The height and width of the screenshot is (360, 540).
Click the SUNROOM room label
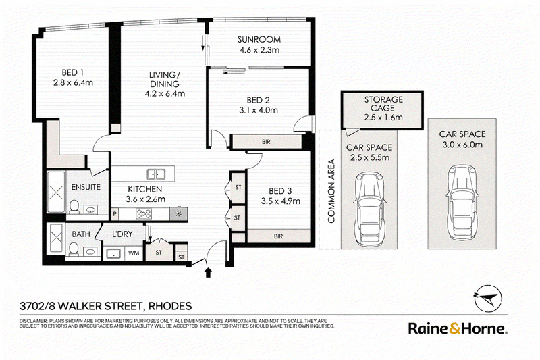click(259, 39)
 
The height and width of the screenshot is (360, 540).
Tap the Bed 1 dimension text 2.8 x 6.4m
click(73, 82)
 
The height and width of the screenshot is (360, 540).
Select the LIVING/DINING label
click(164, 79)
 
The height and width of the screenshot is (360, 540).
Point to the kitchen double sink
click(156, 174)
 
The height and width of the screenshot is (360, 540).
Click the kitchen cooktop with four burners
click(144, 214)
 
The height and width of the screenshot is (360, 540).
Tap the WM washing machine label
click(134, 253)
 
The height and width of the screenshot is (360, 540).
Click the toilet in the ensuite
click(74, 207)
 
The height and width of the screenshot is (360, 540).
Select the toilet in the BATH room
click(74, 249)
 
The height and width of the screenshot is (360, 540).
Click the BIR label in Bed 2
click(266, 142)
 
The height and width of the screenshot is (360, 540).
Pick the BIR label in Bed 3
click(278, 236)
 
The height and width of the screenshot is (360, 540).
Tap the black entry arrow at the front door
click(208, 272)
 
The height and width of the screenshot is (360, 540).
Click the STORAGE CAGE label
click(383, 104)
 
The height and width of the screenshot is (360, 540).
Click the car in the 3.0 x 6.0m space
click(462, 203)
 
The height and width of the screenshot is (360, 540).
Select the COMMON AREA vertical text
click(331, 191)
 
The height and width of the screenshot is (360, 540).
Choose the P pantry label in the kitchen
click(115, 214)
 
